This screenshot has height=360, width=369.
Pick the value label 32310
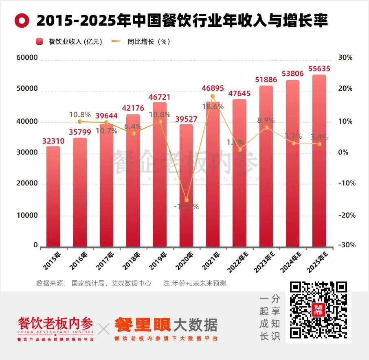53,141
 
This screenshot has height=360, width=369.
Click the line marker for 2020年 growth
186,200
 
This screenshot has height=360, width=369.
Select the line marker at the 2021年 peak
213,96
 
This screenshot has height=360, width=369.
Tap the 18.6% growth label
213,107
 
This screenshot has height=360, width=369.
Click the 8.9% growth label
266,120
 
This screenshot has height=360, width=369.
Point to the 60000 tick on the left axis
27,58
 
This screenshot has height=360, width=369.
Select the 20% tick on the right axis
345,89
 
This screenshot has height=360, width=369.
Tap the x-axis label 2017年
106,260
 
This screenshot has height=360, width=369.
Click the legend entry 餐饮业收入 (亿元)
69,41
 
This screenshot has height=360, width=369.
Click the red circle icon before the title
21,20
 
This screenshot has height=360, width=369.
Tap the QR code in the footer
318,310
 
